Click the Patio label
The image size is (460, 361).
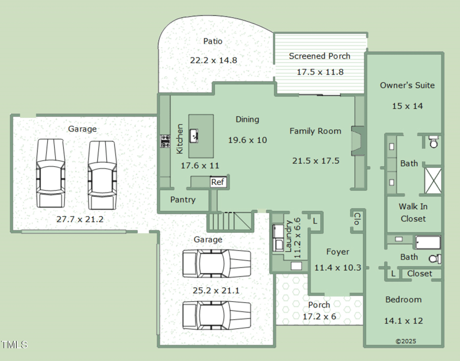pos(213,41)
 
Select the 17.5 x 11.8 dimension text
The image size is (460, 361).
pos(320,72)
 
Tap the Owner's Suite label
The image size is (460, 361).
pos(407,85)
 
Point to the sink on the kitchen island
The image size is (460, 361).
pos(195,136)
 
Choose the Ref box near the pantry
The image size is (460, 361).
pos(217,182)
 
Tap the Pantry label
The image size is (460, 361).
pos(183,200)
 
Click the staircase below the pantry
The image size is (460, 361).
pos(230,221)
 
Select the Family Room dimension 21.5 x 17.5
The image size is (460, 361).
pos(316,160)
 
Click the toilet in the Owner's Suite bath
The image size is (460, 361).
pos(433,141)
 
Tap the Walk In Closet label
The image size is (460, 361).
pos(413,213)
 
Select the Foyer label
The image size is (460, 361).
pos(338,252)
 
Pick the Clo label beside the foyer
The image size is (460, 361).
pos(356,218)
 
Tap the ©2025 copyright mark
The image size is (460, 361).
pos(405,341)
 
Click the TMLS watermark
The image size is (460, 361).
pos(14,345)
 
